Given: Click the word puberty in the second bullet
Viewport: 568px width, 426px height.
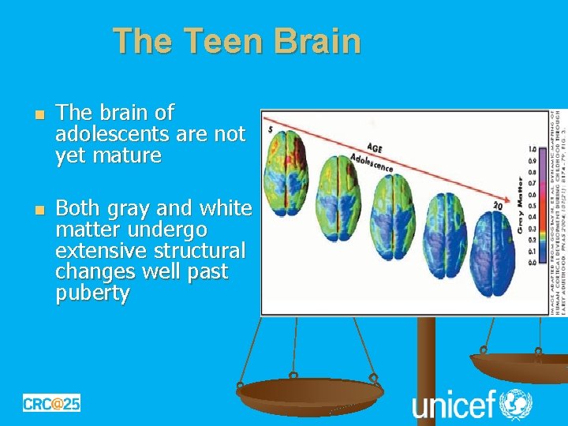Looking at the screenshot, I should click(x=92, y=293).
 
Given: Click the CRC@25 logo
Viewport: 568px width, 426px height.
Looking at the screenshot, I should click(x=51, y=403).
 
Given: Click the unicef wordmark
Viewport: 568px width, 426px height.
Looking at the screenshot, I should click(x=453, y=405).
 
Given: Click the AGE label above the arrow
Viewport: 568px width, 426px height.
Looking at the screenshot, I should click(x=377, y=147).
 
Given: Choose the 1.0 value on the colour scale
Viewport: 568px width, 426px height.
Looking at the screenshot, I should click(x=532, y=148).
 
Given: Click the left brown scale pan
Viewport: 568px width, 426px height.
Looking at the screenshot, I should click(x=309, y=392).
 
